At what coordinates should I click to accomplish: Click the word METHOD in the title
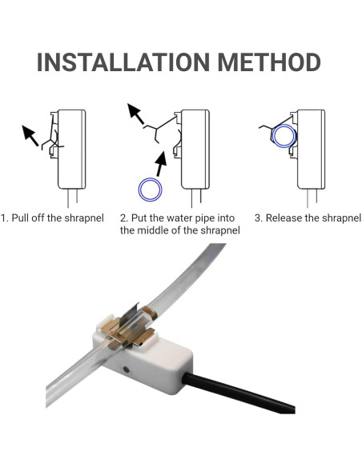[x=269, y=62]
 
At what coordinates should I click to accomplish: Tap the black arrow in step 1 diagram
[x=30, y=135]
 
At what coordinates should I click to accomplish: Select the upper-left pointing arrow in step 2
[x=135, y=114]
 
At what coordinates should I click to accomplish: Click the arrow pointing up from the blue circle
[x=161, y=167]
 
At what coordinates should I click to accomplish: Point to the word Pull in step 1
[x=20, y=218]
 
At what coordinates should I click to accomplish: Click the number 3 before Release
[x=258, y=218]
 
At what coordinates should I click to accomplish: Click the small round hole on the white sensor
[x=126, y=369]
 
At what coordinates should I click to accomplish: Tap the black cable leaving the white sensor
[x=239, y=393]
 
